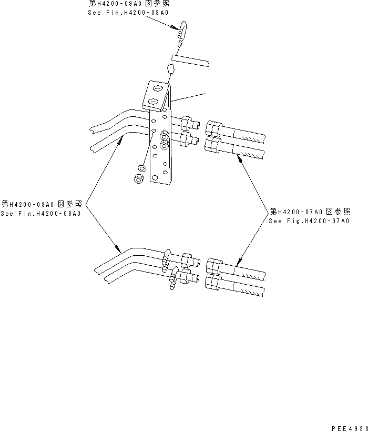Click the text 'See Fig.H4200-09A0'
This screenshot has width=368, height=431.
128,12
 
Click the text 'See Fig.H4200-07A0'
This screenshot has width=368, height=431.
309,221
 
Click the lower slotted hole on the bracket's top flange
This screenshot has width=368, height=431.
154,101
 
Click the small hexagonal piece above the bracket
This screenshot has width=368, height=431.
170,69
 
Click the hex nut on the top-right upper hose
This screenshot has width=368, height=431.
213,128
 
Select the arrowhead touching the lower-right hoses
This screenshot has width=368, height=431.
239,262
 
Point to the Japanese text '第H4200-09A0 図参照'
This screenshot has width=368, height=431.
129,4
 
